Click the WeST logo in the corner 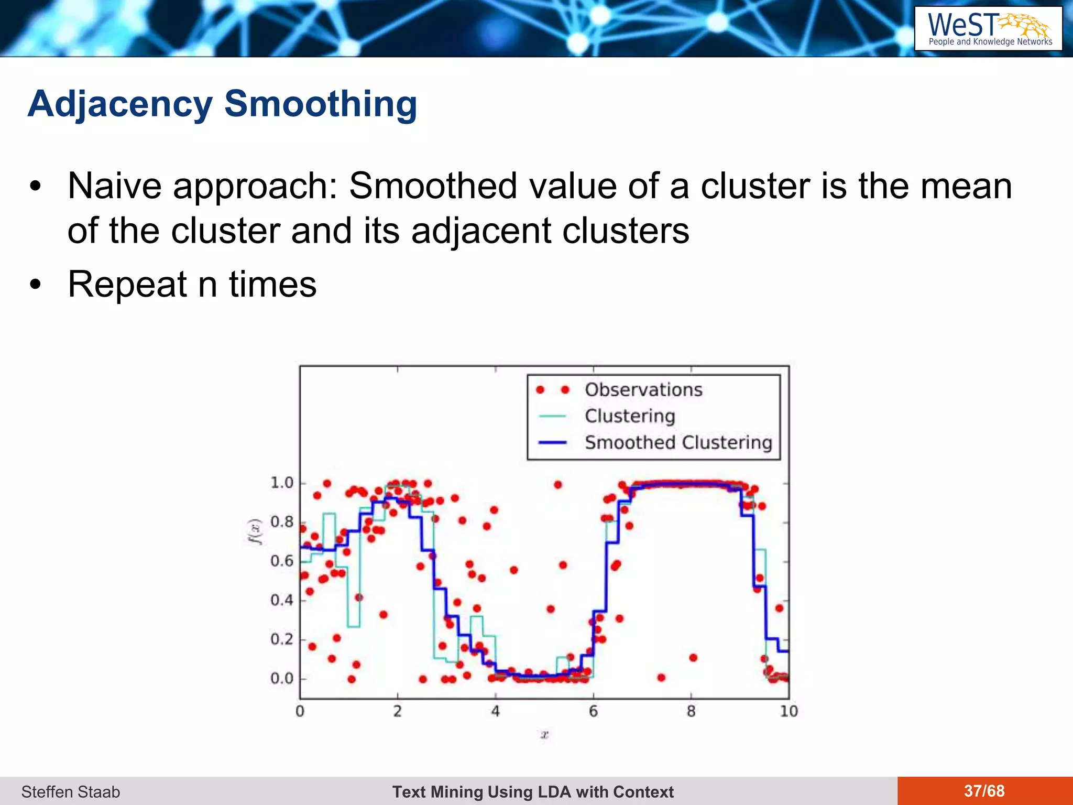(988, 29)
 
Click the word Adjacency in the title (120, 104)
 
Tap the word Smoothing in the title (320, 104)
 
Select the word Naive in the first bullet (114, 186)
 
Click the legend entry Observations (643, 390)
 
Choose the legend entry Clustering (630, 416)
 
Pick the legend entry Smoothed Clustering (678, 443)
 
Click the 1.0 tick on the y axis (281, 483)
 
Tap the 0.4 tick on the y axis (281, 600)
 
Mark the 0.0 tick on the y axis (281, 679)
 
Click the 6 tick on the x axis (593, 712)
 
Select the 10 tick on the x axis (789, 712)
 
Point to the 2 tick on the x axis (398, 712)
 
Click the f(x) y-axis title (255, 532)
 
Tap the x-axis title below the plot (544, 735)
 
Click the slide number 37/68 (984, 791)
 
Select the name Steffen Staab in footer (71, 792)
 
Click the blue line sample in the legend (552, 443)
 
